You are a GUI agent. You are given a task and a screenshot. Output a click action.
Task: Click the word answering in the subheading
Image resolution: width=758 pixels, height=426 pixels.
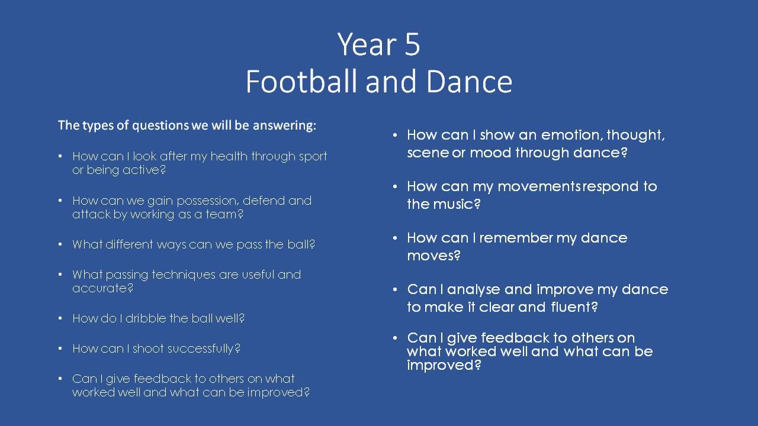click(285, 126)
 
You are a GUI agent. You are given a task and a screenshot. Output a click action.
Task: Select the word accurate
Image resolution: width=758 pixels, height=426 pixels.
click(103, 288)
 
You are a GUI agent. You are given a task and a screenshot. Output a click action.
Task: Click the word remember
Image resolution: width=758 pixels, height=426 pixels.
click(516, 238)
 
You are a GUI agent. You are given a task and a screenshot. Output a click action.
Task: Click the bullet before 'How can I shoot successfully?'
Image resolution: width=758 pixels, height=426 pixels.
click(60, 348)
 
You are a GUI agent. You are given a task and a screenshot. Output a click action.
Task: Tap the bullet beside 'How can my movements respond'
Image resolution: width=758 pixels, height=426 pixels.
click(395, 186)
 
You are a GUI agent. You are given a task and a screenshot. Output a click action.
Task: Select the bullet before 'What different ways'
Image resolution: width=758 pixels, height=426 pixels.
click(60, 244)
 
